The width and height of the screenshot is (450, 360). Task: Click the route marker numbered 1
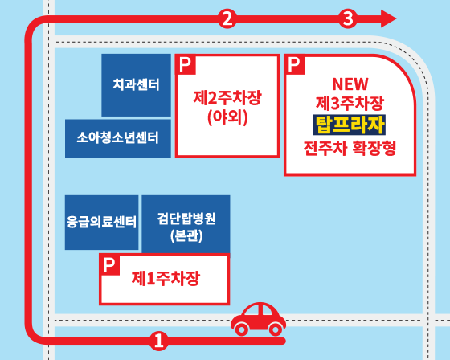(x=159, y=341)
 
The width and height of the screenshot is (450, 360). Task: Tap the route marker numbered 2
(x=227, y=18)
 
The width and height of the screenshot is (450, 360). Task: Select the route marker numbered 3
(x=348, y=18)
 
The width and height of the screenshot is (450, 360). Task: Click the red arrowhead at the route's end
(x=389, y=18)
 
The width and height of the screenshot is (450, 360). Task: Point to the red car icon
(x=259, y=319)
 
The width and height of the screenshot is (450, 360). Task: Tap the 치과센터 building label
(x=136, y=84)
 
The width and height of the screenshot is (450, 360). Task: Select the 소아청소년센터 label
(x=117, y=137)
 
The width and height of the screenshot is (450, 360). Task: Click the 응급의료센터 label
(x=101, y=222)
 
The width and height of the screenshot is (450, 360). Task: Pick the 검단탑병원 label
(x=186, y=219)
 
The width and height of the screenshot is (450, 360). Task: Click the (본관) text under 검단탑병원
(x=186, y=236)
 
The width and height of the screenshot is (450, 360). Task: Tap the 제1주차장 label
(x=166, y=279)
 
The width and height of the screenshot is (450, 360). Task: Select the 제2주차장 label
(x=227, y=97)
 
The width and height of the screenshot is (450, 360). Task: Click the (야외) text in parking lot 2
(x=227, y=117)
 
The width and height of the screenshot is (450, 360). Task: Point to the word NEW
(x=350, y=84)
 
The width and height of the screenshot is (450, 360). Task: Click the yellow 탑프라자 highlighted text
(x=350, y=125)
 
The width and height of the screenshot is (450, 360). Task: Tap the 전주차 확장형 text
(x=350, y=148)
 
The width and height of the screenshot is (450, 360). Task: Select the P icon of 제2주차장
(x=186, y=64)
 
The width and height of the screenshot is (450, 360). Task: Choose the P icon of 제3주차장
(x=294, y=64)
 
